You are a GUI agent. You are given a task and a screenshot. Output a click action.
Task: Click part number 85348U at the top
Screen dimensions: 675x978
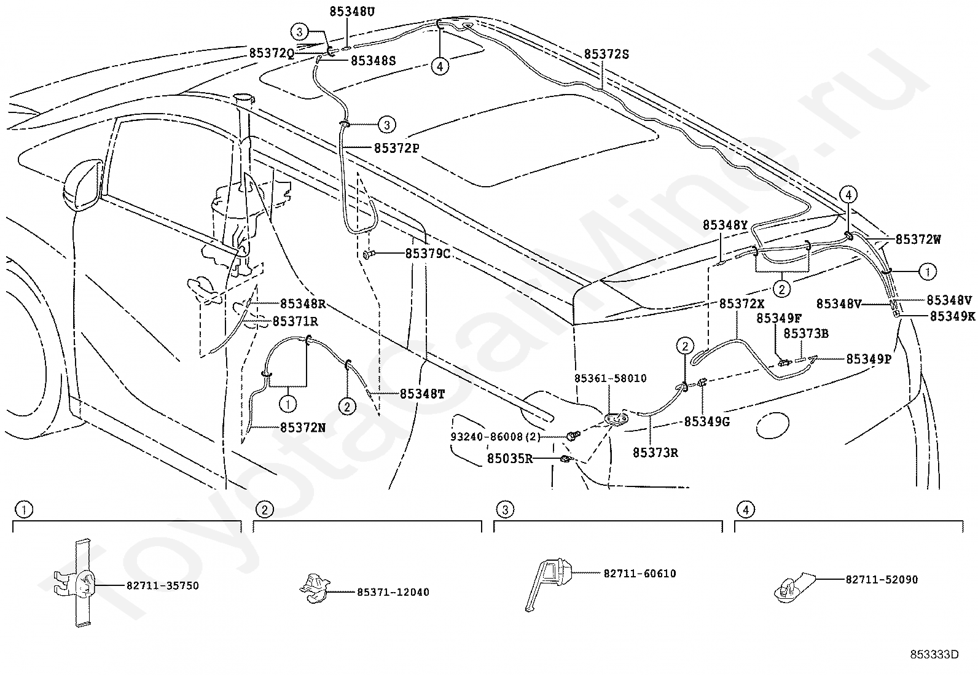[351, 11]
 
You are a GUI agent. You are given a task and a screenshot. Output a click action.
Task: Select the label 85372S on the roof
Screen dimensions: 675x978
[606, 54]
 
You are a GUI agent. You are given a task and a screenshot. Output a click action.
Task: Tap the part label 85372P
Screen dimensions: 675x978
[396, 148]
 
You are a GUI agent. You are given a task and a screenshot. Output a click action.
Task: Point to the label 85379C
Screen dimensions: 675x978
[428, 253]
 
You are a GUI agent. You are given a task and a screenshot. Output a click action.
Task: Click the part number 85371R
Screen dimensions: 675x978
[295, 321]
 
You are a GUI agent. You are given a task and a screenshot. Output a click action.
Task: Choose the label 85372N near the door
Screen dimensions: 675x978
[303, 427]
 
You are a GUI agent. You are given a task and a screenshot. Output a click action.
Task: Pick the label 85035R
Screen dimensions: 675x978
[510, 458]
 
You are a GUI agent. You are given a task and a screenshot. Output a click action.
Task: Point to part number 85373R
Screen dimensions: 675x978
[655, 453]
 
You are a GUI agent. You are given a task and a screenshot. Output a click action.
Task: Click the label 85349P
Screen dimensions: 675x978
[868, 359]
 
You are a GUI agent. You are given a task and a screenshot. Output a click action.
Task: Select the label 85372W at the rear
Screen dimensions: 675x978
[918, 240]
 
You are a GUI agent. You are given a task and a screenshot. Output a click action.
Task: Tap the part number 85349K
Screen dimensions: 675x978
[952, 316]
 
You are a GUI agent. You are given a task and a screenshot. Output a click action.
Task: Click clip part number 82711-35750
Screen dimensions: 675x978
[163, 586]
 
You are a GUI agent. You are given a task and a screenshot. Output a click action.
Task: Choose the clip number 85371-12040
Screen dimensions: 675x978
[393, 592]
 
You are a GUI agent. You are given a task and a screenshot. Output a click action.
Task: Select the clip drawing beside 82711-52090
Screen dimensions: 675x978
[792, 587]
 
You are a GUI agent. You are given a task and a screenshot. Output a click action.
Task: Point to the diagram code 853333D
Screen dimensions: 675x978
[934, 654]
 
